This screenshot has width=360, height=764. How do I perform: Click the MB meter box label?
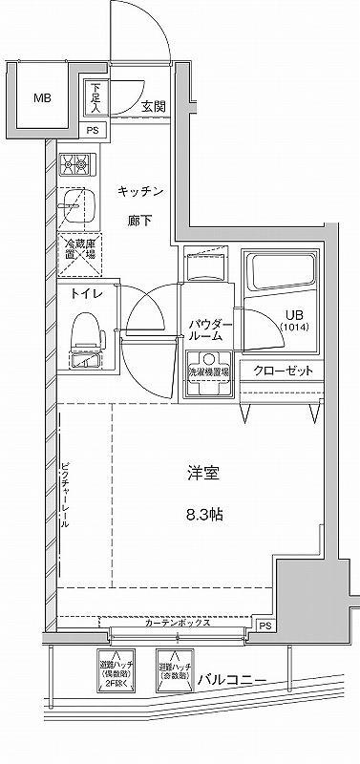pos(44,98)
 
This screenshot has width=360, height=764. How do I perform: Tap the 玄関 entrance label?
pos(156,106)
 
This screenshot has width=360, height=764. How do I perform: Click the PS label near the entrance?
pos(93,130)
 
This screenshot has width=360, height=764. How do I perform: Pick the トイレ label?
pos(81,295)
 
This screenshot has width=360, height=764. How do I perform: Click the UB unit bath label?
pos(293,321)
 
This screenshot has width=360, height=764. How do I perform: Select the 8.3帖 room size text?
pos(203,514)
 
